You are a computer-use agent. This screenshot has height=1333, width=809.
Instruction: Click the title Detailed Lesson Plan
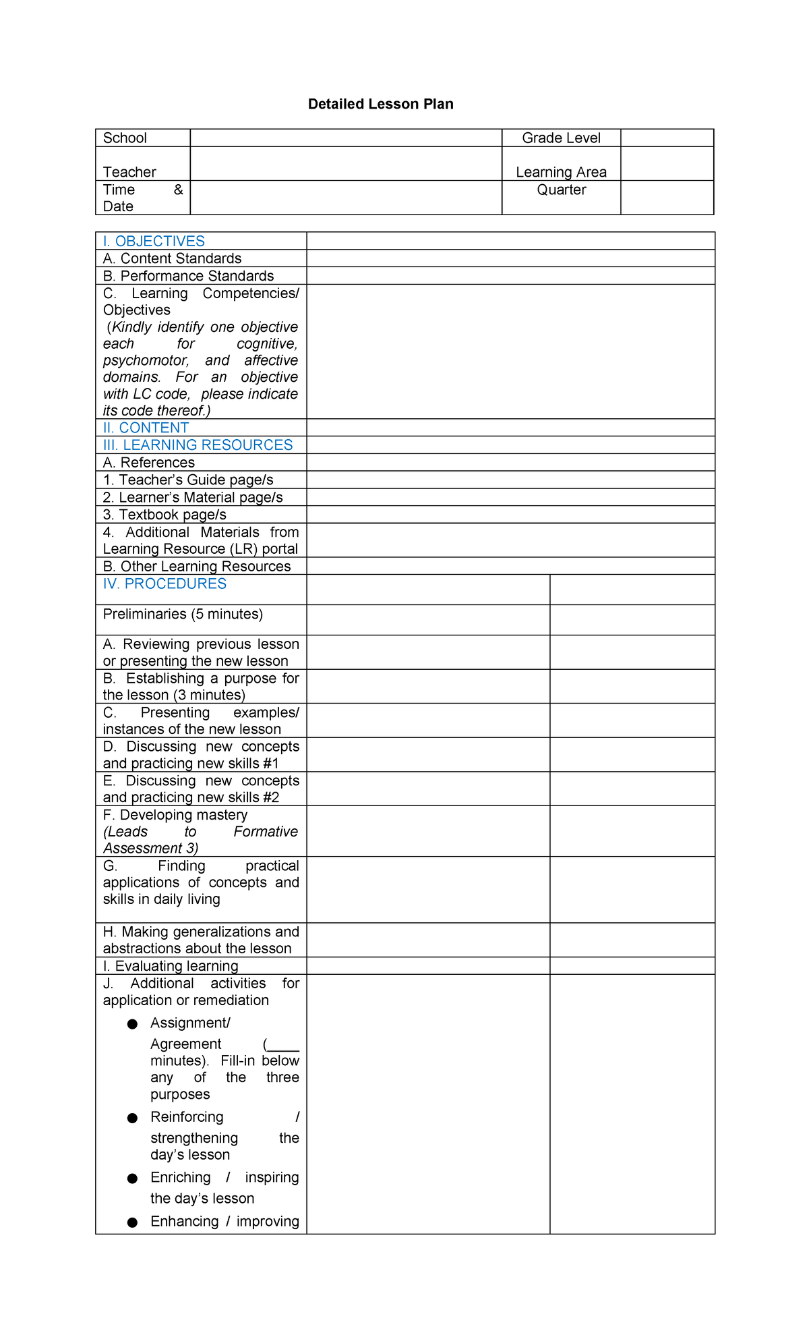(x=380, y=104)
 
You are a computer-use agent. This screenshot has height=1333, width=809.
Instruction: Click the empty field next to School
(x=346, y=138)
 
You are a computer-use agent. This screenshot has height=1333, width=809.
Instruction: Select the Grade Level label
(x=561, y=138)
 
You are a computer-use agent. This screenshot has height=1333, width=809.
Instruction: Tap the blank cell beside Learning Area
(x=667, y=163)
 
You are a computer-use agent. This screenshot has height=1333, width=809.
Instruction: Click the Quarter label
(x=561, y=190)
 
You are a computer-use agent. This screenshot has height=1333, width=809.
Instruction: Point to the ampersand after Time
(x=178, y=190)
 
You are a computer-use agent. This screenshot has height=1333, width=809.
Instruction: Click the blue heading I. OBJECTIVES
(x=154, y=241)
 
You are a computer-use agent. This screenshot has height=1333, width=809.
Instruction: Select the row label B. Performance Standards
(x=188, y=276)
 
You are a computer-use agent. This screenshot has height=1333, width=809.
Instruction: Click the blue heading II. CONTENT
(x=146, y=428)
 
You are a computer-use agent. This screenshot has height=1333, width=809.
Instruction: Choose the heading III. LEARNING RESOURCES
(x=198, y=445)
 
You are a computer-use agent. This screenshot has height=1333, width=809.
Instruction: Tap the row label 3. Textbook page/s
(x=164, y=515)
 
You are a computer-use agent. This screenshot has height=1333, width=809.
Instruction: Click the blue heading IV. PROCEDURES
(x=164, y=584)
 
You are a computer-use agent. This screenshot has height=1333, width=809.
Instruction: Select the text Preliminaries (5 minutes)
(x=183, y=614)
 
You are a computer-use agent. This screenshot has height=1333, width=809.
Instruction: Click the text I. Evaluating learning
(x=171, y=966)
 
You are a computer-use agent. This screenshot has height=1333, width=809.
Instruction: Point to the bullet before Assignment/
(x=133, y=1024)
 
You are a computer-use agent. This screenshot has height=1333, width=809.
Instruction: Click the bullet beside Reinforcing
(x=133, y=1118)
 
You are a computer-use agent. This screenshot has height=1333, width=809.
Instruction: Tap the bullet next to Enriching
(x=133, y=1179)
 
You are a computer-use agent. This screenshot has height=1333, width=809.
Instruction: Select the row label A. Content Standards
(x=172, y=258)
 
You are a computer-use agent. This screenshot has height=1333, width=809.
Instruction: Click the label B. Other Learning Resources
(x=197, y=566)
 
